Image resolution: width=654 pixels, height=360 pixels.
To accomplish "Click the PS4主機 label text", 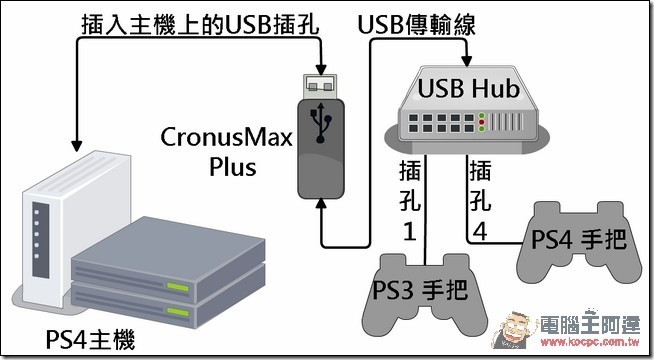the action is point(90,340).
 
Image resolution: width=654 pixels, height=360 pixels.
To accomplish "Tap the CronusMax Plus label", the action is point(226,151).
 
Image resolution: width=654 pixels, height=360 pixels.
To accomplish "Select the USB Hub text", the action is point(469,88).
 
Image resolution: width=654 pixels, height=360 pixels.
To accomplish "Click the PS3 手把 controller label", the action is point(420,290).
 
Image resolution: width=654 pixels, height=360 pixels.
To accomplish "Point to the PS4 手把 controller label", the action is point(579,239).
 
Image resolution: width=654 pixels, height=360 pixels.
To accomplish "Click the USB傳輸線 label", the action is point(416,25).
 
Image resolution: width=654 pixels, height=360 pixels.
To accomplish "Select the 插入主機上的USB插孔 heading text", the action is point(200,25).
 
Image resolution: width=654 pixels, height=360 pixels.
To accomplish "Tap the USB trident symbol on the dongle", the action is point(320,123).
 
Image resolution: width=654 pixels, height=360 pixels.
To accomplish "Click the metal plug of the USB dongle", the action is point(320,86).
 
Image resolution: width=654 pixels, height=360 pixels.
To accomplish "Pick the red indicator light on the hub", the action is point(482,122).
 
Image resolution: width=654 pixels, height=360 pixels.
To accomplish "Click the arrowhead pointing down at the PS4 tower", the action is point(76,146).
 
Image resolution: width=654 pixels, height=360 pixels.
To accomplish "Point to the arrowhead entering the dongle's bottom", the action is point(320,203).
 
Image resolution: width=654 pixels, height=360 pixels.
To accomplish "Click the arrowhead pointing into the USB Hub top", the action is point(467,61).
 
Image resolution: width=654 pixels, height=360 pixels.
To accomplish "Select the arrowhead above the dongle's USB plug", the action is point(320,69).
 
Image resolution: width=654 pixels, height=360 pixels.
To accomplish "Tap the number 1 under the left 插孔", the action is point(410,231).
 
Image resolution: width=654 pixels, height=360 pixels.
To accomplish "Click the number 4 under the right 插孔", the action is point(480,231).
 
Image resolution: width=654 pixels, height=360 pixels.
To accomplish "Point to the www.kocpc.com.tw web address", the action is point(590,342).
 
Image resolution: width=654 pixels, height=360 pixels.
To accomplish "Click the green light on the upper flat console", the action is point(178,287).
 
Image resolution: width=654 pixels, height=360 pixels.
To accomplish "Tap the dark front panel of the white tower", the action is point(41,240).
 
